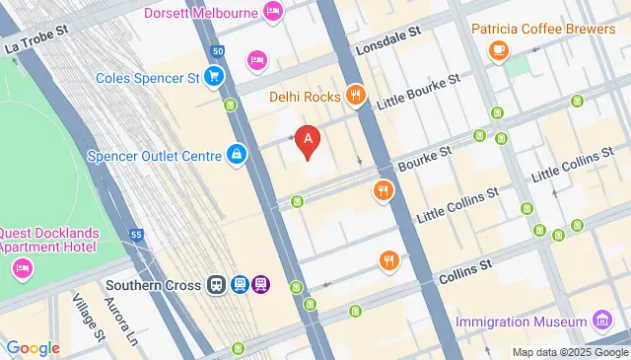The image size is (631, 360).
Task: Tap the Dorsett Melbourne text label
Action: tap(201, 13)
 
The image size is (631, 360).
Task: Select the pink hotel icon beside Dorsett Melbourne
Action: tap(274, 13)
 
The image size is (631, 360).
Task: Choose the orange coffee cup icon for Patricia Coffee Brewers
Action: tap(499, 48)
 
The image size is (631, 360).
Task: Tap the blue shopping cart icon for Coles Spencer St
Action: tap(213, 75)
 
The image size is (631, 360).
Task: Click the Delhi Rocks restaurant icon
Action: tap(356, 97)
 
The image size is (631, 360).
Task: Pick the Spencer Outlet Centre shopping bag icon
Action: tap(237, 155)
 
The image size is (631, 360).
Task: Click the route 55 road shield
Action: tap(136, 235)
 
